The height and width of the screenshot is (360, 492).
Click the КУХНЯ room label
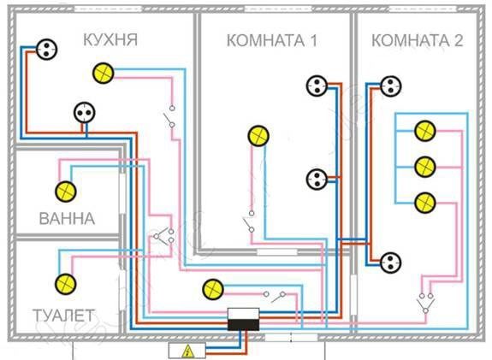coord(110,40)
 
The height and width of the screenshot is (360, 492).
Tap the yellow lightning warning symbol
coord(183,350)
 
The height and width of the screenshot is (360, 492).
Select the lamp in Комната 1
coord(258,135)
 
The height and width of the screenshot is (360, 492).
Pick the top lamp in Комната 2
coord(424,131)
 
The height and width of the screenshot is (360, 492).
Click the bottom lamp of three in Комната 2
coord(424,202)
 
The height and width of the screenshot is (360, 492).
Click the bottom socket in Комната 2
coord(389,259)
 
